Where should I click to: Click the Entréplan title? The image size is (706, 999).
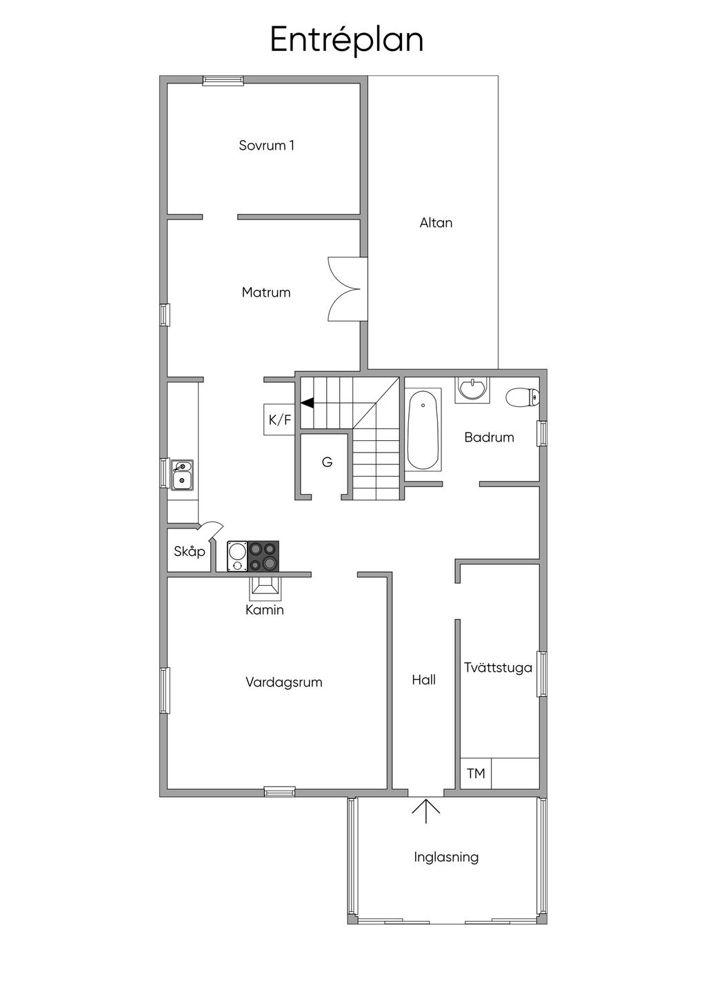346,40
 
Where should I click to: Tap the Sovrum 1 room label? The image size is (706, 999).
267,146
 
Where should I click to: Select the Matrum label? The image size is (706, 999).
266,293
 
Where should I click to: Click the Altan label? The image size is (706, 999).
436,223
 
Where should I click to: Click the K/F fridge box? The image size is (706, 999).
279,419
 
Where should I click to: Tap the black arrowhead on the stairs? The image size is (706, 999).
307,403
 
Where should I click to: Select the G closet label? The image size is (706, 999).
327,462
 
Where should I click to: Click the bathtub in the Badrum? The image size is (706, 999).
423,431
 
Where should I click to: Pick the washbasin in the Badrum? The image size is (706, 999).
472,389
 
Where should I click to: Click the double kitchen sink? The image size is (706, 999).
182,475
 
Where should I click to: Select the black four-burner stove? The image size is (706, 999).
263,556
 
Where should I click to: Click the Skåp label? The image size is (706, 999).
190,552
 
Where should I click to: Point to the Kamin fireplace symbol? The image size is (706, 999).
265,588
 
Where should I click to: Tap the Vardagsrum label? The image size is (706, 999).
284,682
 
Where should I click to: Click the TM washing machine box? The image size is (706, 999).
476,773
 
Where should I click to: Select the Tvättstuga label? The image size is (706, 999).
498,668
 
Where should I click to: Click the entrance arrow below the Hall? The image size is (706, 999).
425,811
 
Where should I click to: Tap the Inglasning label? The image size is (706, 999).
446,858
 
